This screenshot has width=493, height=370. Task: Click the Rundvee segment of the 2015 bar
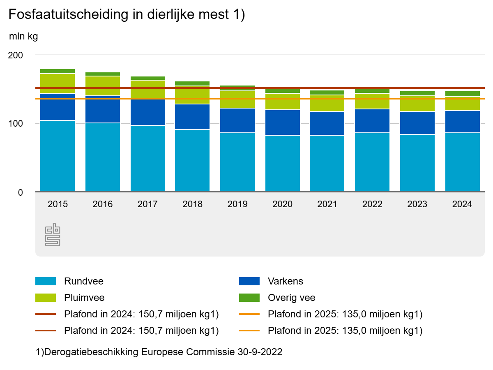(58, 156)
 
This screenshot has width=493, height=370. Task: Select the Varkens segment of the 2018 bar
(192, 117)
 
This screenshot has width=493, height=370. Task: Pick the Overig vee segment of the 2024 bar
(462, 94)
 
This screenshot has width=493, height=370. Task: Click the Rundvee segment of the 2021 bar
(327, 164)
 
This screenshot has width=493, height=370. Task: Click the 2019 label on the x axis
(237, 204)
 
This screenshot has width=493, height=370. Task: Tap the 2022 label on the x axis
(372, 204)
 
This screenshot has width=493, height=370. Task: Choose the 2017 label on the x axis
(147, 204)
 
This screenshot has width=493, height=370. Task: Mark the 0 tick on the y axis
(20, 192)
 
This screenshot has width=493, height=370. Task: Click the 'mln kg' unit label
(23, 37)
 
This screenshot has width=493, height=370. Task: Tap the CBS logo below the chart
(53, 235)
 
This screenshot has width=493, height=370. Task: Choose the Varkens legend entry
(285, 282)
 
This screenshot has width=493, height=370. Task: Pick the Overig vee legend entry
(291, 298)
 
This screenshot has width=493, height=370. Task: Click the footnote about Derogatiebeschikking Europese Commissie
(159, 352)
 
